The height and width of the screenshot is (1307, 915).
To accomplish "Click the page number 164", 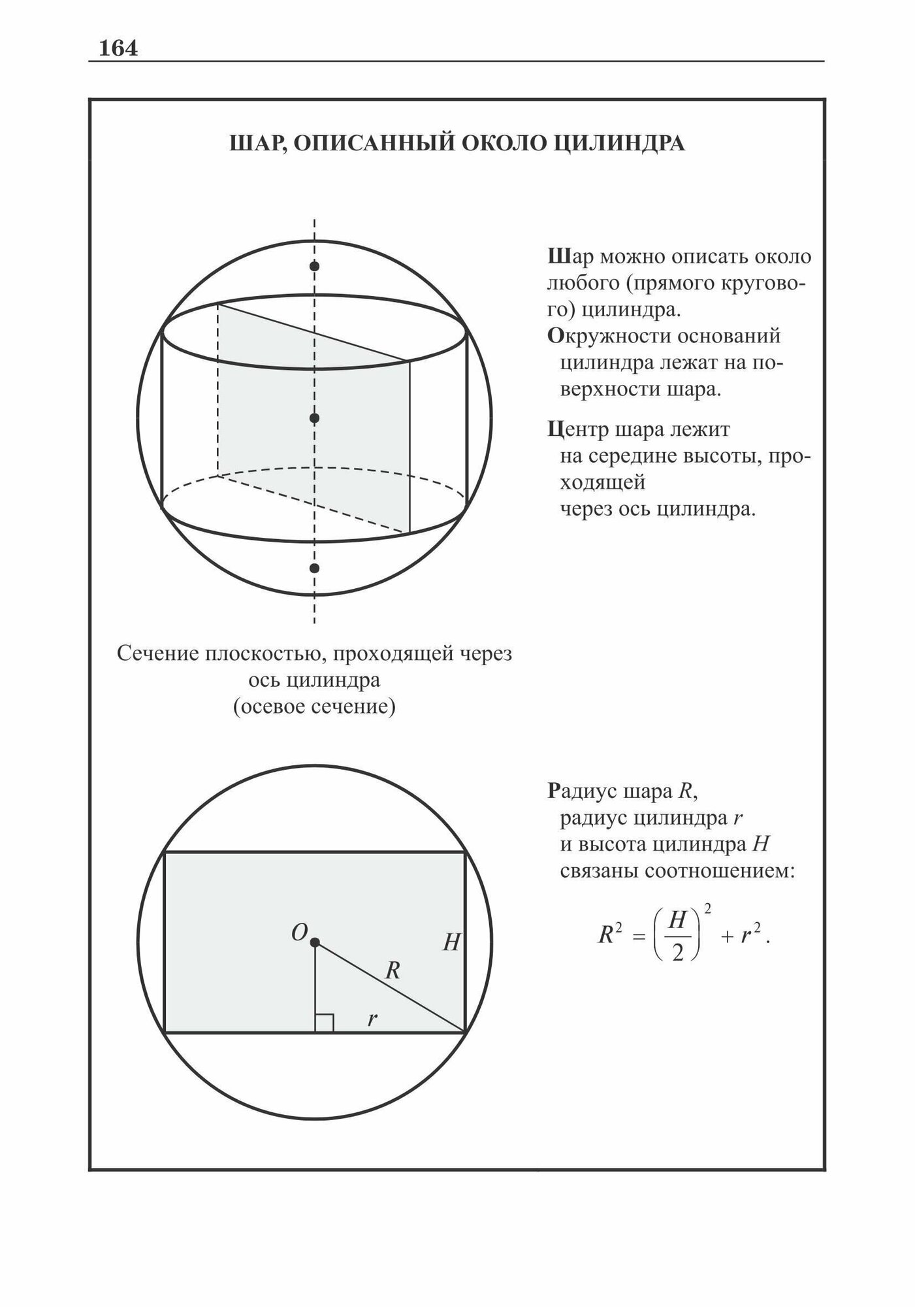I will tap(118, 48).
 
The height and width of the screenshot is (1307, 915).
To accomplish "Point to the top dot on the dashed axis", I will tap(314, 267).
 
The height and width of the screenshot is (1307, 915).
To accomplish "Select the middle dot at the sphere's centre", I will tap(314, 418).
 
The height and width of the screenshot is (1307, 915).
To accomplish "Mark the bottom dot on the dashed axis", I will tap(314, 568).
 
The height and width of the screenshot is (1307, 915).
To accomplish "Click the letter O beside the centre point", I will tap(299, 933).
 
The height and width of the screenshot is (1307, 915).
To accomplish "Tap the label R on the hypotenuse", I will tap(392, 971).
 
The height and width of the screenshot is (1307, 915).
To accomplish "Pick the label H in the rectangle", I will tap(451, 942).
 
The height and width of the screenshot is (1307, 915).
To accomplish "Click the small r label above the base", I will tap(372, 1018).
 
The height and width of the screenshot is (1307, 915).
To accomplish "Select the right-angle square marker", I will tap(325, 1023).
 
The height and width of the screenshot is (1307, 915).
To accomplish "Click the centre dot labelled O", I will tap(315, 942).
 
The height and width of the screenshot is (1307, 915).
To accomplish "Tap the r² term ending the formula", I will tap(751, 935).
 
